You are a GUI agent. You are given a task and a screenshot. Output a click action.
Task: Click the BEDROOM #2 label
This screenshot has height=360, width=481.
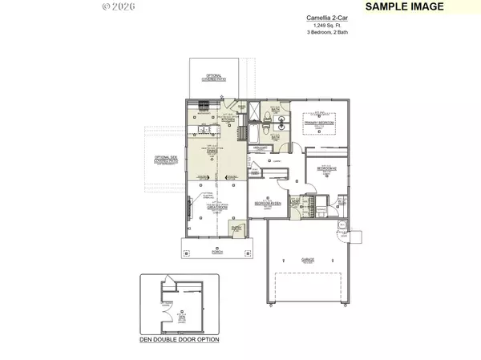[326, 168]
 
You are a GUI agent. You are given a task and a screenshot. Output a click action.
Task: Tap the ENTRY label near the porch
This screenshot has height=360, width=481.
[236, 230]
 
